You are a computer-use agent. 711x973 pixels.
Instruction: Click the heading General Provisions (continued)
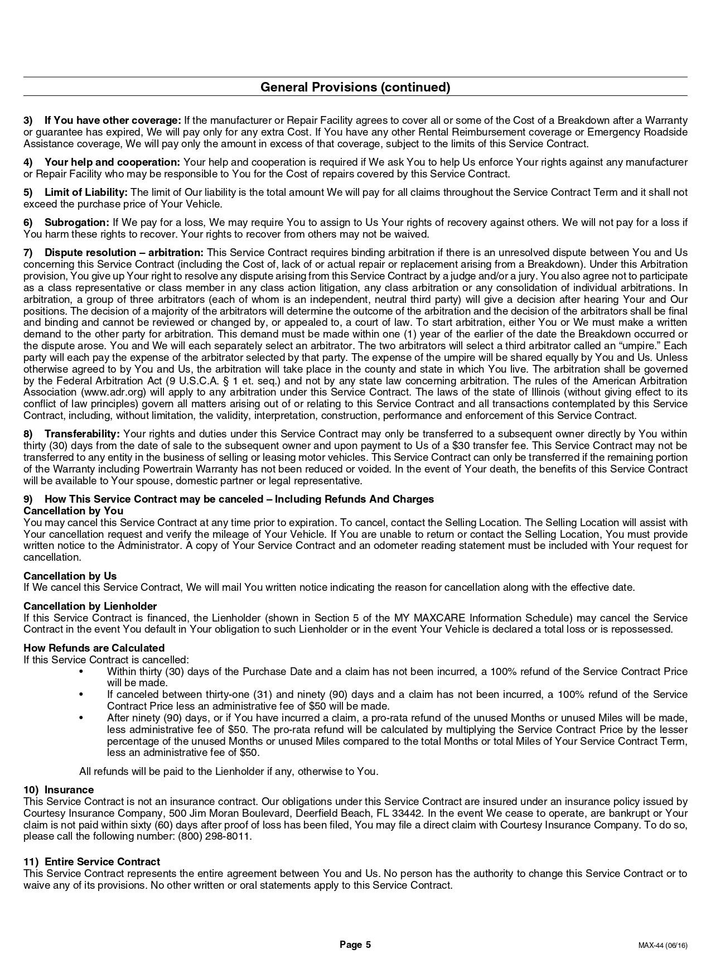[355, 87]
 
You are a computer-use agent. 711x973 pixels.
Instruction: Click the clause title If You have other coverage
[113, 121]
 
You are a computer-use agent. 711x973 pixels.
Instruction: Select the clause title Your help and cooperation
[112, 162]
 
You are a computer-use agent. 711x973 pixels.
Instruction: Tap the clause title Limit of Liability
[86, 192]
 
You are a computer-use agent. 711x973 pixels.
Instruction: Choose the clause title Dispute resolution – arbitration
[124, 253]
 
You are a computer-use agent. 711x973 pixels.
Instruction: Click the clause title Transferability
[82, 434]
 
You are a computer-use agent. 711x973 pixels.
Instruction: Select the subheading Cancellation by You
[73, 511]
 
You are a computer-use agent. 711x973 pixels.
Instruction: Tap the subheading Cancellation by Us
[70, 576]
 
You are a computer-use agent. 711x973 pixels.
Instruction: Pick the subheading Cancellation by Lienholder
[90, 606]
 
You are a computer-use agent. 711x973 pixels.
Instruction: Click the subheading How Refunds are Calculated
[94, 648]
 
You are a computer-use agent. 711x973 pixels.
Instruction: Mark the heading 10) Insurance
[59, 790]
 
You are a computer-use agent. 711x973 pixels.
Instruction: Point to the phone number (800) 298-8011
[215, 836]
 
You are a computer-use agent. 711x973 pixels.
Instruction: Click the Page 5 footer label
[355, 945]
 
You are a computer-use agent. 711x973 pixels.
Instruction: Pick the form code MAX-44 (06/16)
[662, 946]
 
